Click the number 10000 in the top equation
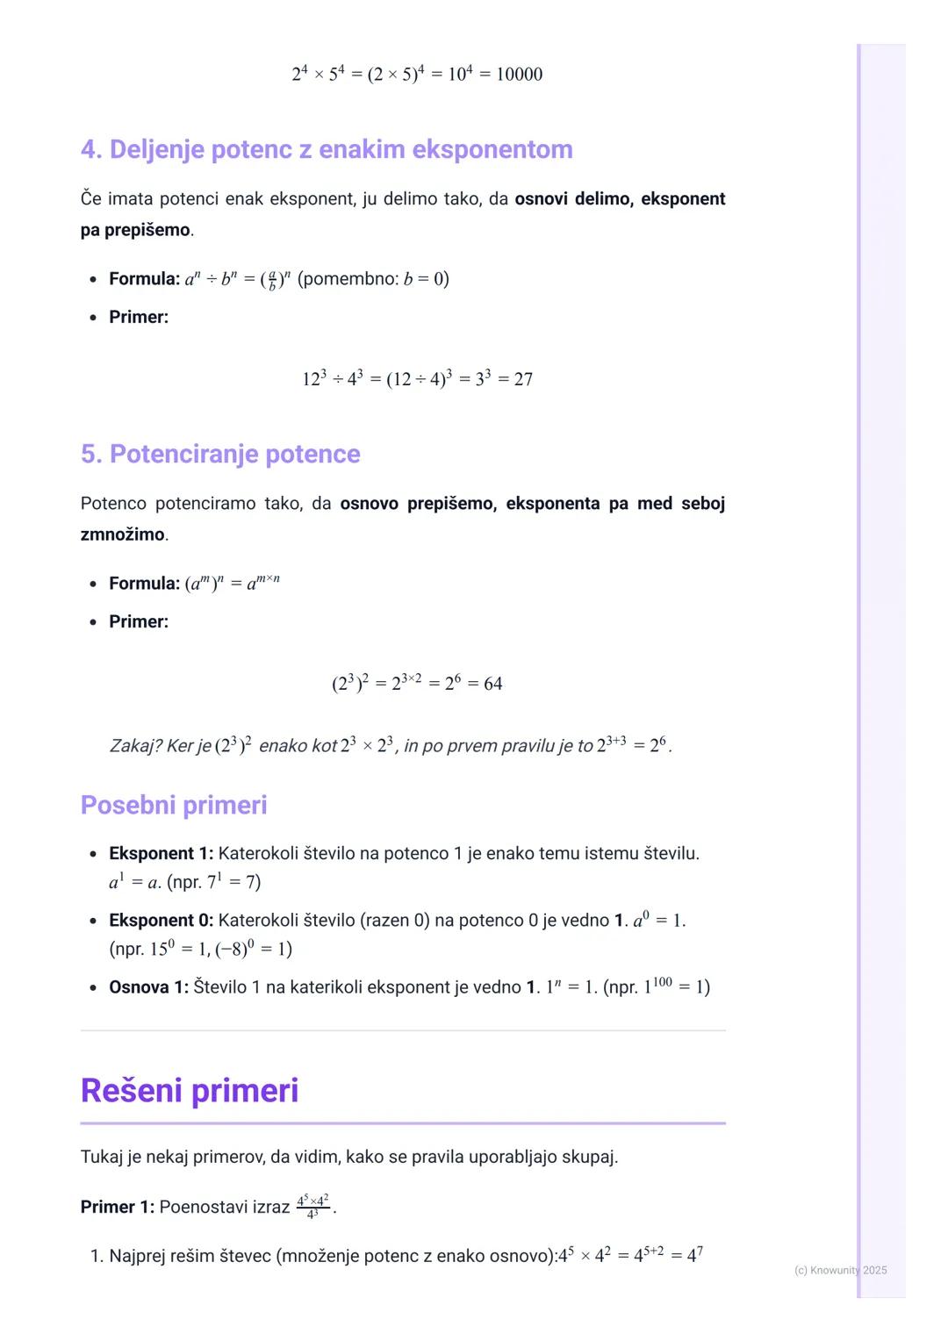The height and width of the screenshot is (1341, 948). (x=519, y=75)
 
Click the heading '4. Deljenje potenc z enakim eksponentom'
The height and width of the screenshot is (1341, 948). (x=327, y=149)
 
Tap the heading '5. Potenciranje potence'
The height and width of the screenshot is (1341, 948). (x=220, y=454)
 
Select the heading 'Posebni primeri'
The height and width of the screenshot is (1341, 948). (x=174, y=805)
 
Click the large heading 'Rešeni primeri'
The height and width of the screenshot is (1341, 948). (x=190, y=1091)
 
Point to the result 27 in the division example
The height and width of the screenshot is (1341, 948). (x=523, y=379)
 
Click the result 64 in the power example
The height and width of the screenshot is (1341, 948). (x=493, y=684)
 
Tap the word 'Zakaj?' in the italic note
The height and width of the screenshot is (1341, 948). (x=135, y=746)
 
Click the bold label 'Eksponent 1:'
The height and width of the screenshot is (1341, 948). (x=161, y=853)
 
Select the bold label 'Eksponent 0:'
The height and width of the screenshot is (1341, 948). (x=161, y=920)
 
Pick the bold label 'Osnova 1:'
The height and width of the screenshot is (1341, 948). (x=148, y=986)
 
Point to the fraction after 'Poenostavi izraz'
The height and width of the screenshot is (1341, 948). (x=312, y=1206)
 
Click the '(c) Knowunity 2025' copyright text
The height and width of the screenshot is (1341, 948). (x=840, y=1270)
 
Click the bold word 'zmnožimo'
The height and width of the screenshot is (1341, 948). (x=122, y=534)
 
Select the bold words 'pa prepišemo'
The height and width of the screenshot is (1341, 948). (x=135, y=230)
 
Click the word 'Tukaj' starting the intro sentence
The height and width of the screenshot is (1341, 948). (x=102, y=1157)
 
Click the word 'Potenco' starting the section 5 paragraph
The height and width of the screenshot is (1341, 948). (x=113, y=504)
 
